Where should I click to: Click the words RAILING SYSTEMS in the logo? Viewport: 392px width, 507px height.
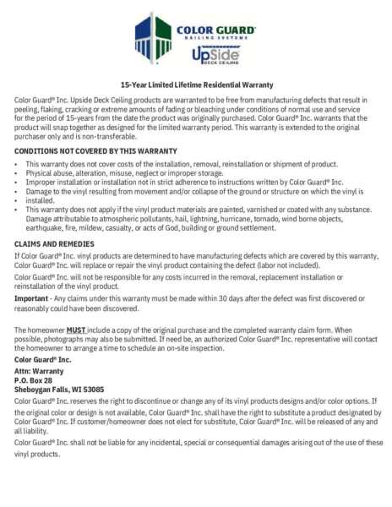click(215, 38)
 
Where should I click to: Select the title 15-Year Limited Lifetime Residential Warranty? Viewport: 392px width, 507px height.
click(196, 85)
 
